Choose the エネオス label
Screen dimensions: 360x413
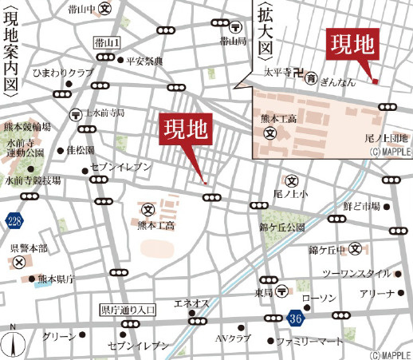[x=191, y=303]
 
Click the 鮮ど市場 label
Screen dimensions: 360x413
[x=360, y=207]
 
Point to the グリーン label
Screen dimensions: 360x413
[x=59, y=337]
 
